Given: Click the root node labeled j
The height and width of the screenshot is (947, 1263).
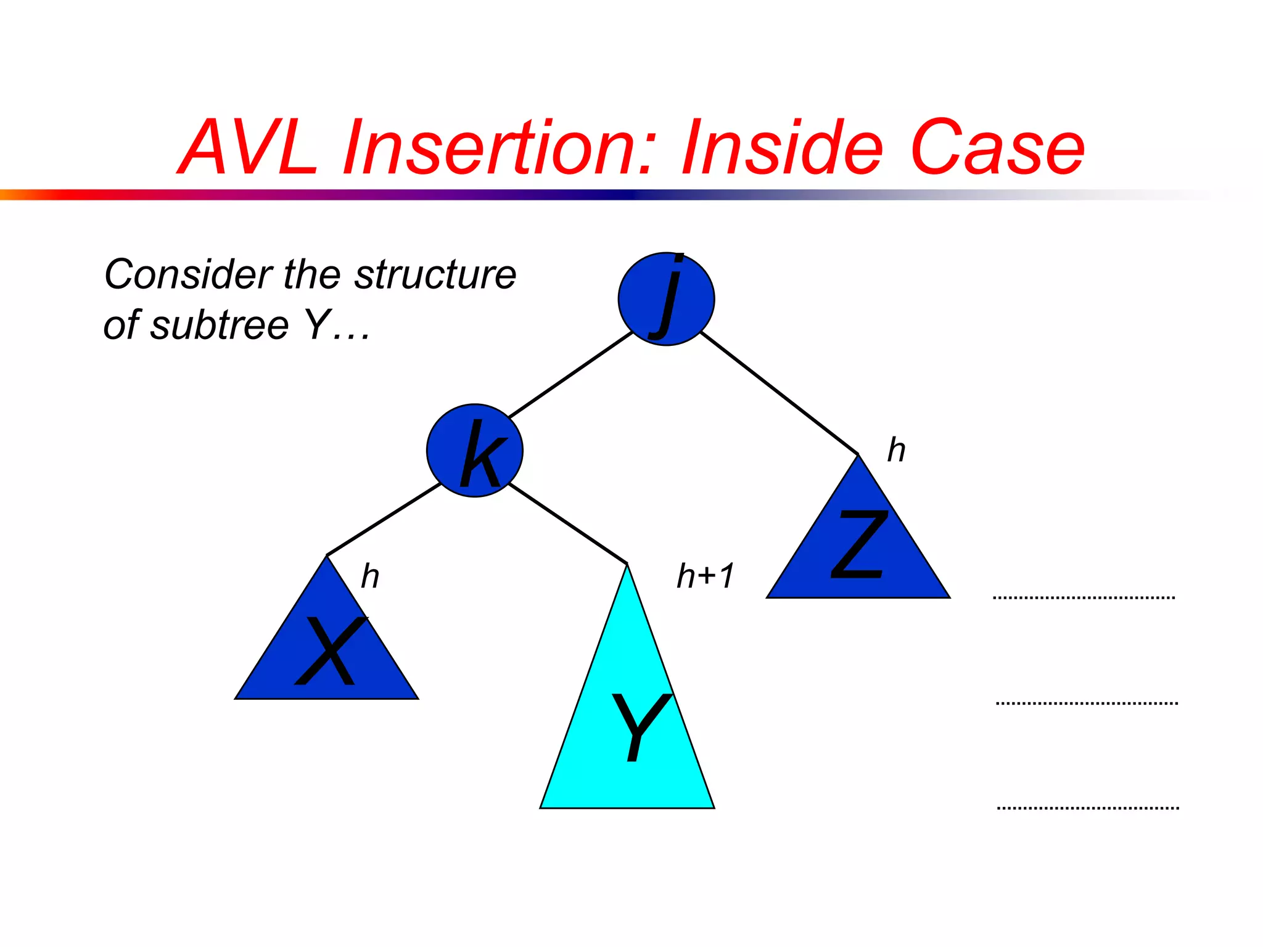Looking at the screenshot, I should click(x=666, y=300).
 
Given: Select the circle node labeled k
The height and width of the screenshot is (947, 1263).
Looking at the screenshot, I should click(x=474, y=451).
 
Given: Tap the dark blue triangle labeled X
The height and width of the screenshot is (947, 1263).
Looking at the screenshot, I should click(x=326, y=654).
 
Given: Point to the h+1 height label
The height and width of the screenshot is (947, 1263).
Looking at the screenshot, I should click(x=705, y=576).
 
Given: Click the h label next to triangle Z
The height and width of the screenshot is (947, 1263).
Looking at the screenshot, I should click(x=896, y=450).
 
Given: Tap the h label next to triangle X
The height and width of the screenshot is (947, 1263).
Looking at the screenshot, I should click(x=369, y=576).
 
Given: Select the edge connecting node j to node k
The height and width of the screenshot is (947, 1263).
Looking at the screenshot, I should click(x=570, y=375).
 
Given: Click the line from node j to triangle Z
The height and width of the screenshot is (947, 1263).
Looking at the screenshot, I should click(x=780, y=393).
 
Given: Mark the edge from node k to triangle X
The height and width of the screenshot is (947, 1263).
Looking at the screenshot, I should click(x=384, y=520).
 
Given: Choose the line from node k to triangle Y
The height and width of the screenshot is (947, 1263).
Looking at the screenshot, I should click(x=568, y=523).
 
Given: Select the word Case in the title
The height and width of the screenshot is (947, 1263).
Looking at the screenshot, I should click(x=997, y=148).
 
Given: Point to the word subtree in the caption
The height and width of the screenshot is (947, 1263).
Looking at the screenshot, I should click(x=220, y=325).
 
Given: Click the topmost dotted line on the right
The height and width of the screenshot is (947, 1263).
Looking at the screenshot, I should click(x=1084, y=597).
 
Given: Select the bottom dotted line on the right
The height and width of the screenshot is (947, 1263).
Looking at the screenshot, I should click(x=1088, y=808).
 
